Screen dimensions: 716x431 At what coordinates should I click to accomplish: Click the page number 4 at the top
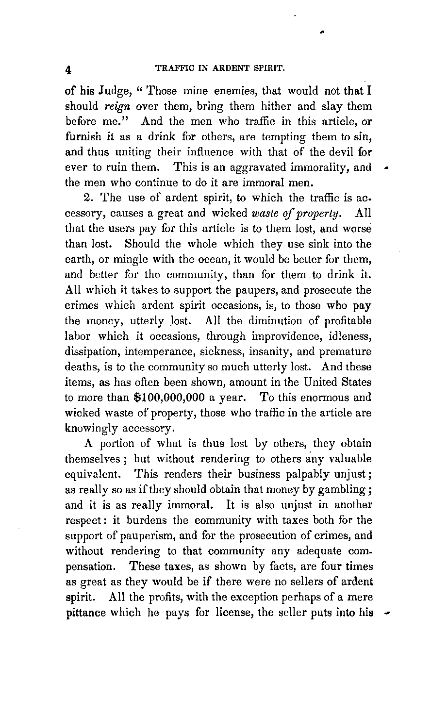68,69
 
